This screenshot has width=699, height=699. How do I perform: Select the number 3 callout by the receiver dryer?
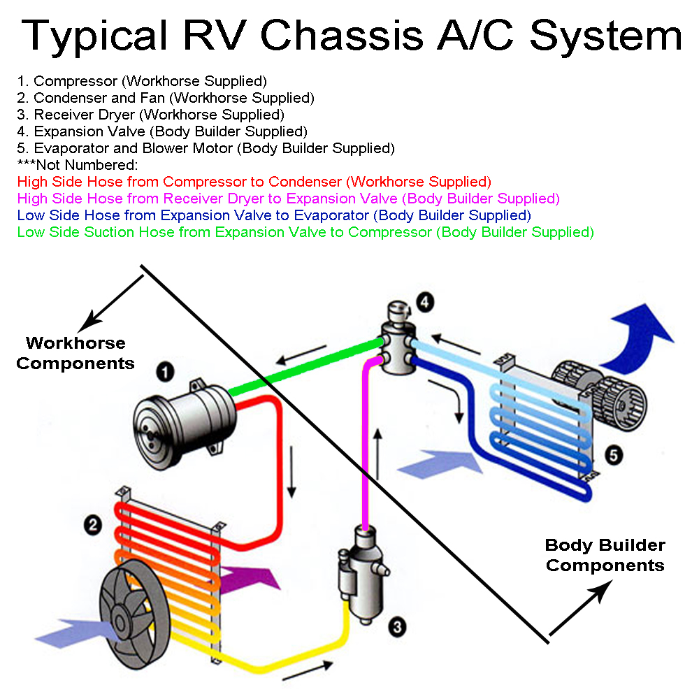point(397,627)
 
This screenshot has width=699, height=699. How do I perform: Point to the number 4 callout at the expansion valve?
point(425,303)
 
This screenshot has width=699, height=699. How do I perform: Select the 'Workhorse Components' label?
point(75,353)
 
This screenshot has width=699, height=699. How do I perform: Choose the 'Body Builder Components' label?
point(605,555)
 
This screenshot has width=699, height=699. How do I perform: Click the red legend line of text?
point(254,182)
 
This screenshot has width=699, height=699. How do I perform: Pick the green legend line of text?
point(305,232)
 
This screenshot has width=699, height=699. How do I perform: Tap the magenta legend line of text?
point(288,199)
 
